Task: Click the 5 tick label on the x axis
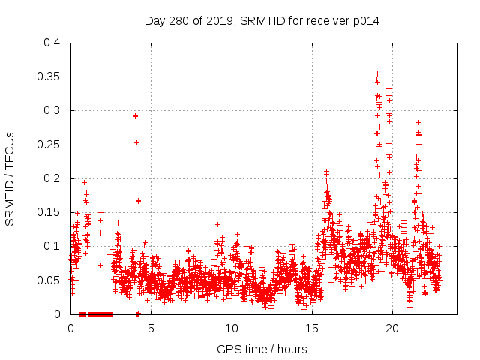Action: click(x=151, y=328)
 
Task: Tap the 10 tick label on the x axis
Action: click(x=231, y=328)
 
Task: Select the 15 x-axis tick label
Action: click(x=311, y=328)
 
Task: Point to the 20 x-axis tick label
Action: click(x=391, y=328)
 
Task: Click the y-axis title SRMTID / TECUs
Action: click(x=10, y=178)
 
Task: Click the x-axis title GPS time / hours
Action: click(x=262, y=349)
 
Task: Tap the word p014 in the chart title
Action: click(x=367, y=20)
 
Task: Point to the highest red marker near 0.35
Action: click(x=377, y=74)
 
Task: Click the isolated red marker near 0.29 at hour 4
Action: click(x=135, y=115)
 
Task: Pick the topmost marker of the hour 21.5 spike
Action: click(x=418, y=122)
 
